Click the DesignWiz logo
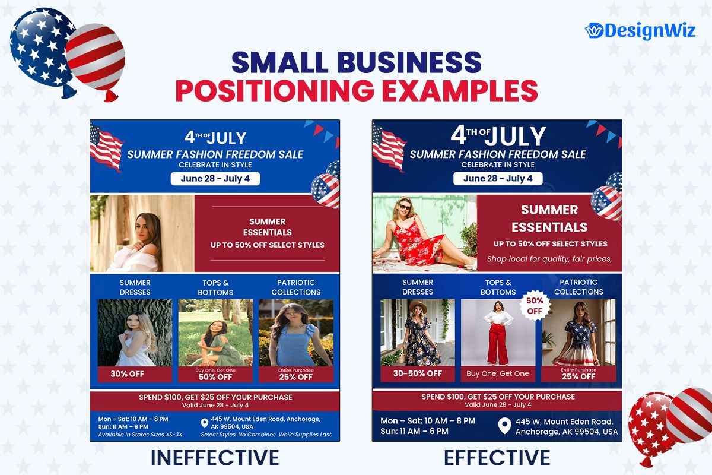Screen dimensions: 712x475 tap(640, 31)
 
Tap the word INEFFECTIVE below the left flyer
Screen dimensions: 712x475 tap(215, 458)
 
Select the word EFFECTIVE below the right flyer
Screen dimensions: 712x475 tap(497, 458)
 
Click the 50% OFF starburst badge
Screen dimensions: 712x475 tap(535, 306)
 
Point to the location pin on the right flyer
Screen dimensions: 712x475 tap(504, 426)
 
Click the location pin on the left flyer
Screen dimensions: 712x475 tap(204, 423)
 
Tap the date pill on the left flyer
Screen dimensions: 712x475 tap(215, 179)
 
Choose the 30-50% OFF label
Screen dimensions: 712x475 tap(417, 373)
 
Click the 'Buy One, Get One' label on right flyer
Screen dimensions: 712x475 tap(498, 373)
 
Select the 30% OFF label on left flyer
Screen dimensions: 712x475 tap(128, 374)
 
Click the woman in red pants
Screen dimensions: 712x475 tap(498, 332)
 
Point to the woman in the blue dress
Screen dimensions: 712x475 tap(295, 335)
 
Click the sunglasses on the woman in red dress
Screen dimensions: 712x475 tap(404, 207)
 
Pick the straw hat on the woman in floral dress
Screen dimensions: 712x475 tap(418, 307)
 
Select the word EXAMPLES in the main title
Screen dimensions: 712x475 tap(460, 91)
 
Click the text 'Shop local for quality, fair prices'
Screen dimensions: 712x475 tap(549, 259)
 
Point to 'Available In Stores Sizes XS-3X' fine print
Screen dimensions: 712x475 tap(140, 435)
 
